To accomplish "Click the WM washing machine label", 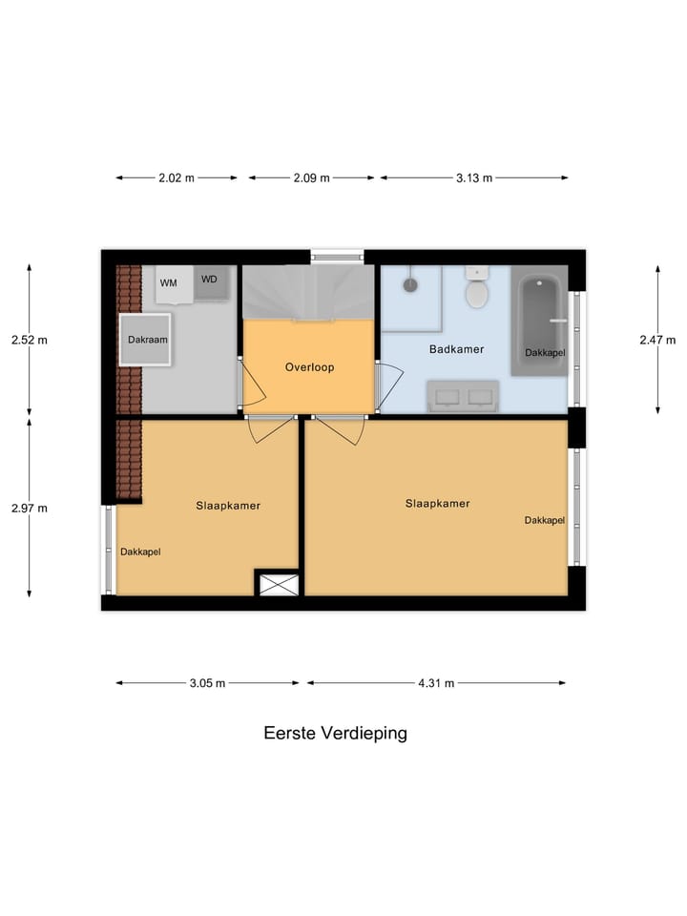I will [x=168, y=282].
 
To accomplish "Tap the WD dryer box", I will [x=210, y=281].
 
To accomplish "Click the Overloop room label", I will [x=309, y=366].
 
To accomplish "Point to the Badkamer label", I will [x=456, y=349].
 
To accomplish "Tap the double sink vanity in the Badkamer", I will [x=463, y=396].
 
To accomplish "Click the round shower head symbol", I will [x=410, y=284].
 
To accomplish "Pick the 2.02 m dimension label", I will [x=177, y=177].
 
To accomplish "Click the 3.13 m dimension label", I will [x=473, y=177].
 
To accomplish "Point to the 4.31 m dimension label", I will [x=435, y=683].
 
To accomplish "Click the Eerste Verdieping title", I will [x=335, y=734].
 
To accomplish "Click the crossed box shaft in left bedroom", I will [x=278, y=583].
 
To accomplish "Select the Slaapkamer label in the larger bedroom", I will [x=437, y=504].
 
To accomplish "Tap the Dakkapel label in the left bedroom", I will [x=140, y=552].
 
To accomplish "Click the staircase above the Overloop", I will [x=306, y=292].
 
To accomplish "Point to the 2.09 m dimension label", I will [x=311, y=177].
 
